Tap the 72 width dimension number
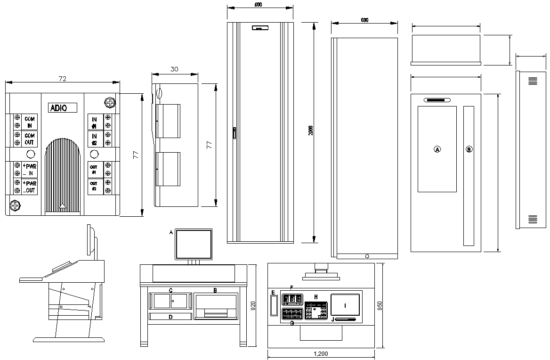(62, 79)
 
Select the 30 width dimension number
(174, 69)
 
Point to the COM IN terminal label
(30, 122)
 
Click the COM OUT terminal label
(30, 139)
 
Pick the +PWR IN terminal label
(29, 170)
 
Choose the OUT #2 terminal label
(94, 186)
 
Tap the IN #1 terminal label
(94, 123)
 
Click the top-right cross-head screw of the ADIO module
(110, 102)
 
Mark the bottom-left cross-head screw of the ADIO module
(15, 206)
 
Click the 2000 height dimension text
(310, 131)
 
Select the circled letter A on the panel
(437, 149)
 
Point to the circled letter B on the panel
(469, 149)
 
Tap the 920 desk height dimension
(253, 307)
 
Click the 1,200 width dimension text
(320, 354)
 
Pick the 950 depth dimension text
(380, 306)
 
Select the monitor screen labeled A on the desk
(194, 244)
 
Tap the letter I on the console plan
(345, 305)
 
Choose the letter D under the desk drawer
(170, 317)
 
